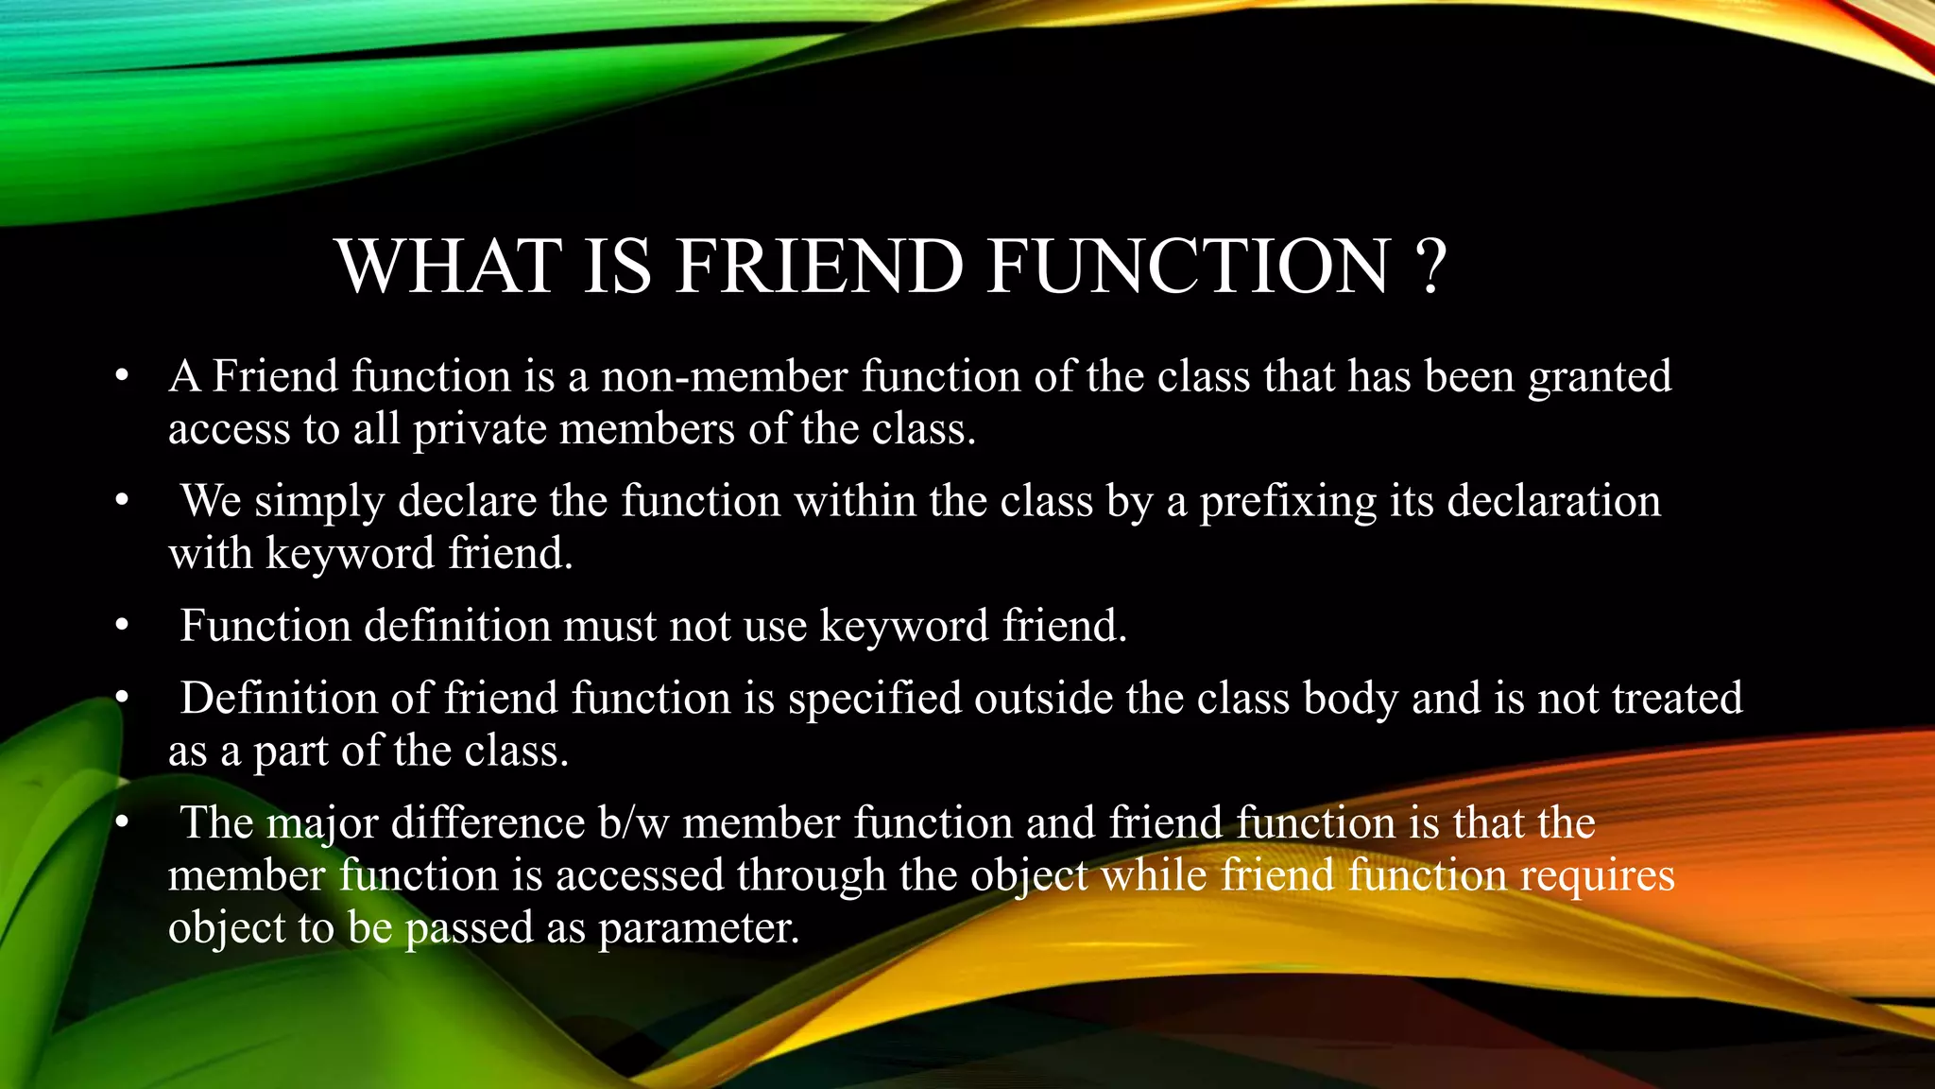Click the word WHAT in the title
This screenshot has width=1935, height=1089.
click(x=449, y=267)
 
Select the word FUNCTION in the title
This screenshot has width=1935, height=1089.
click(x=1189, y=267)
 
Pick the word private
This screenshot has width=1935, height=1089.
click(x=479, y=430)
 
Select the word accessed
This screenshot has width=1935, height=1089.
click(x=640, y=875)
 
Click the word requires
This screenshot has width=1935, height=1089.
click(x=1597, y=876)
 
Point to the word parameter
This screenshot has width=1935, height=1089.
click(x=698, y=928)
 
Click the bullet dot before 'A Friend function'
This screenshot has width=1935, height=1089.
click(x=121, y=377)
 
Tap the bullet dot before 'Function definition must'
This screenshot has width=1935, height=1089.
click(x=121, y=627)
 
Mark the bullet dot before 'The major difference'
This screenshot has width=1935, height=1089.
click(x=121, y=823)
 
